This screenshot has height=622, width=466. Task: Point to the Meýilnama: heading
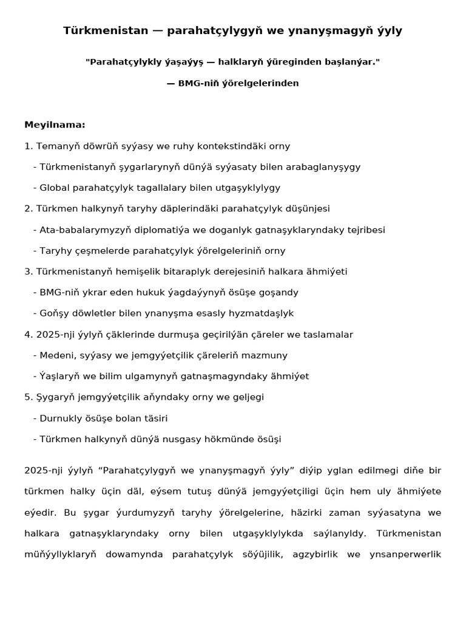tap(55, 125)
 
